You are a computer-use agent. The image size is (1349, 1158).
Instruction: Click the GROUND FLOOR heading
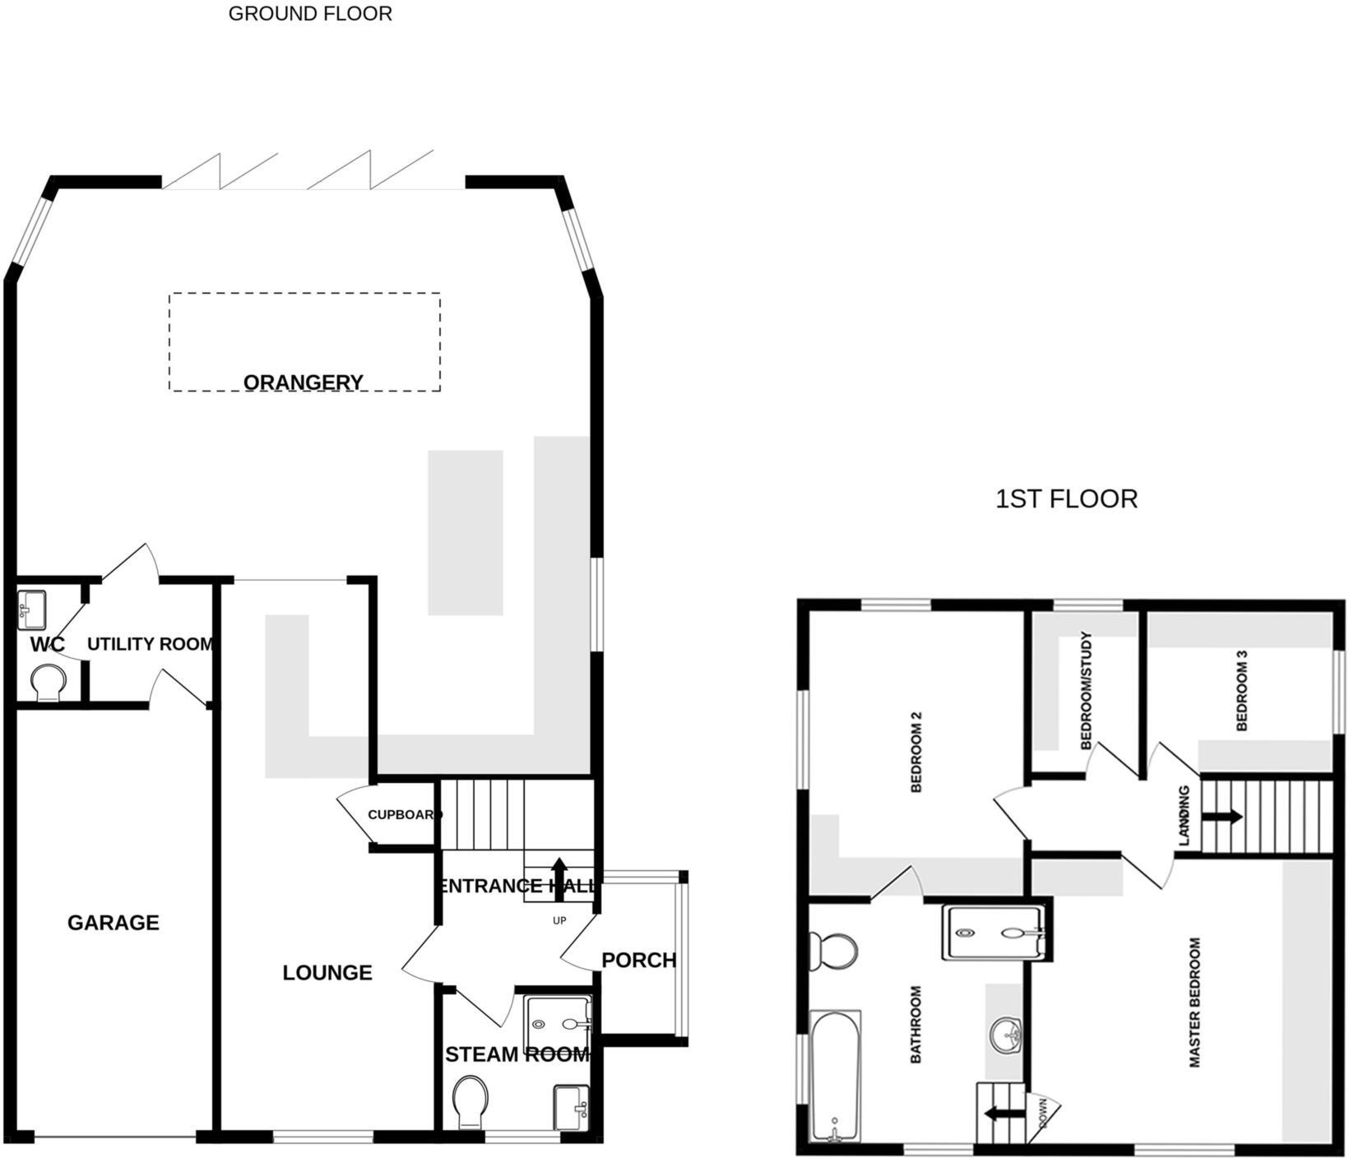pos(310,14)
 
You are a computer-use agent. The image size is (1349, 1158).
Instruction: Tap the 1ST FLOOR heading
pos(1066,498)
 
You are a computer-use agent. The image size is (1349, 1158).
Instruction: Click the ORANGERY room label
pos(304,382)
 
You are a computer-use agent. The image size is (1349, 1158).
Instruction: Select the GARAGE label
pos(114,923)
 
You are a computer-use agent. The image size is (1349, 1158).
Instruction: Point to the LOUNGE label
pos(327,973)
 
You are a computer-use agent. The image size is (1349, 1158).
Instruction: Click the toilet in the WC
pos(49,683)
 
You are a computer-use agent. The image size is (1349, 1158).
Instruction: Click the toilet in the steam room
pos(471,1101)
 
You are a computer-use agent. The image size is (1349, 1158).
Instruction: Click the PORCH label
pos(638,960)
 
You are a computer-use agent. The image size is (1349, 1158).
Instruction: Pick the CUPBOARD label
pos(403,815)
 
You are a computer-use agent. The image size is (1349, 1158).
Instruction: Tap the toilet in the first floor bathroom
pos(834,952)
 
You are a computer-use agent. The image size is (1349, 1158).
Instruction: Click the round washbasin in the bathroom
pos(1005,1034)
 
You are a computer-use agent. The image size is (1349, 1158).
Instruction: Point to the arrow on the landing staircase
pos(1222,817)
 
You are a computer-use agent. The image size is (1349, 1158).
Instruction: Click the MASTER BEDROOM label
pos(1195,1003)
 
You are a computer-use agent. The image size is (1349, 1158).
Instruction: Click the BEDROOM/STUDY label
pos(1085,691)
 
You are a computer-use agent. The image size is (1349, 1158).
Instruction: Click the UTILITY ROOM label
pos(150,644)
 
